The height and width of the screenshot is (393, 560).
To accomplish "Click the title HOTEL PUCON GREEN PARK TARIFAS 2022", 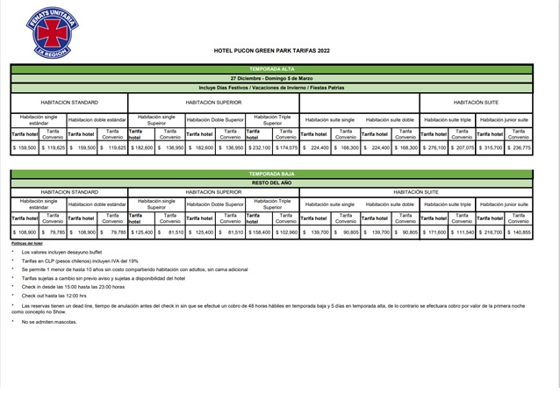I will [272, 50].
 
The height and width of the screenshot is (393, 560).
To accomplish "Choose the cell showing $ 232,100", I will [258, 148].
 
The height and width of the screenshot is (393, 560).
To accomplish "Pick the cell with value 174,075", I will [286, 148].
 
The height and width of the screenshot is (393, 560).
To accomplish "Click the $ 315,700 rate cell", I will [490, 148].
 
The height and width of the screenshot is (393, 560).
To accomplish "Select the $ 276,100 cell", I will [433, 148].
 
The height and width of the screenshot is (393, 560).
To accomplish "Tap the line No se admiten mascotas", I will [62, 322].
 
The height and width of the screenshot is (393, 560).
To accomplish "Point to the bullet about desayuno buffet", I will [75, 252].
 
